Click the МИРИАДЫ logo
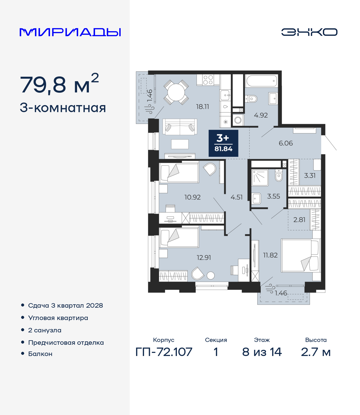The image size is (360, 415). [x=70, y=32]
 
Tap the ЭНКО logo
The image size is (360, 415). [x=309, y=32]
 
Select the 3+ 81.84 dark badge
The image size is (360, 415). [x=223, y=143]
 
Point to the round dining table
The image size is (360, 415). [x=176, y=92]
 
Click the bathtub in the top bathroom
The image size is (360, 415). [x=261, y=81]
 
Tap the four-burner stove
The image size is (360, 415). [x=208, y=80]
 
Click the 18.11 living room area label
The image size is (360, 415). [x=202, y=106]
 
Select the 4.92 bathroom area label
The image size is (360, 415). [x=261, y=115]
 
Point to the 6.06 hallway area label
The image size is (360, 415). [x=286, y=143]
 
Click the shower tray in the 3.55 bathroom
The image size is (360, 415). [x=260, y=178]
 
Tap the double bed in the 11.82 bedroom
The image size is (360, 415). [x=300, y=255]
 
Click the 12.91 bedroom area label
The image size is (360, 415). [x=204, y=258]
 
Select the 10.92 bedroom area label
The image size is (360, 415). [x=193, y=197]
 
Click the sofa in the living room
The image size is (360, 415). [x=180, y=127]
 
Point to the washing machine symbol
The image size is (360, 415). [x=238, y=120]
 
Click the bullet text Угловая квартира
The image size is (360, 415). [x=58, y=318]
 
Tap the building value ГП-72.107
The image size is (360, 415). [x=164, y=352]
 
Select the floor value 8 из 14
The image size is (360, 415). [x=262, y=352]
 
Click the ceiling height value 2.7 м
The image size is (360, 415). [x=316, y=352]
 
